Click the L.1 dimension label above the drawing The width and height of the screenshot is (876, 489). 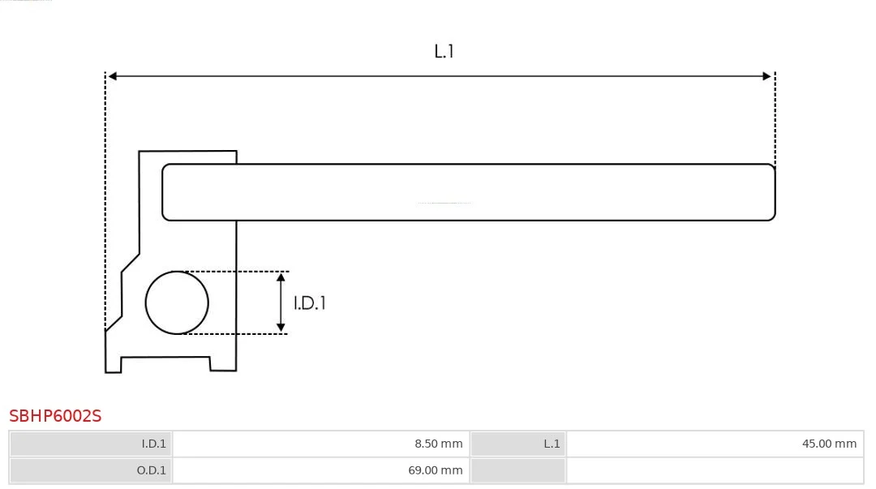pyautogui.click(x=444, y=51)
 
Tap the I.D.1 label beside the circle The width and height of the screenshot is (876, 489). pyautogui.click(x=310, y=303)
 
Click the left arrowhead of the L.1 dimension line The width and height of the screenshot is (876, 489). pyautogui.click(x=112, y=76)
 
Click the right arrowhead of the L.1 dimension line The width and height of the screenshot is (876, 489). pyautogui.click(x=766, y=76)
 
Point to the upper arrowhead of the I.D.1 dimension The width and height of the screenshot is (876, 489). pyautogui.click(x=281, y=278)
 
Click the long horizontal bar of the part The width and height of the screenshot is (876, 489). pyautogui.click(x=468, y=192)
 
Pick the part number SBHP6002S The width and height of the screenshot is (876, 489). pyautogui.click(x=55, y=416)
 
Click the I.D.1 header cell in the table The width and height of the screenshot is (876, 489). pyautogui.click(x=91, y=444)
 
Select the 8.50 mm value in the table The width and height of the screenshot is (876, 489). pyautogui.click(x=439, y=444)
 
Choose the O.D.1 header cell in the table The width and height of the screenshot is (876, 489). pyautogui.click(x=91, y=470)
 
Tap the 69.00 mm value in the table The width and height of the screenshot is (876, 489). pyautogui.click(x=436, y=470)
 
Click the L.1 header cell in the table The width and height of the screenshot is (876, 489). pyautogui.click(x=517, y=444)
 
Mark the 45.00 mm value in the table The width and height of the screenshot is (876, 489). pyautogui.click(x=829, y=444)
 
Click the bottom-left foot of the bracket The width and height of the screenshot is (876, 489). pyautogui.click(x=114, y=364)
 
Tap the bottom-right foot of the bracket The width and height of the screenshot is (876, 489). pyautogui.click(x=223, y=364)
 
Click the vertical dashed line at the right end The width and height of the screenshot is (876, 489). pyautogui.click(x=775, y=118)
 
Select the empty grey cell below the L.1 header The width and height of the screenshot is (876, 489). pyautogui.click(x=517, y=470)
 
